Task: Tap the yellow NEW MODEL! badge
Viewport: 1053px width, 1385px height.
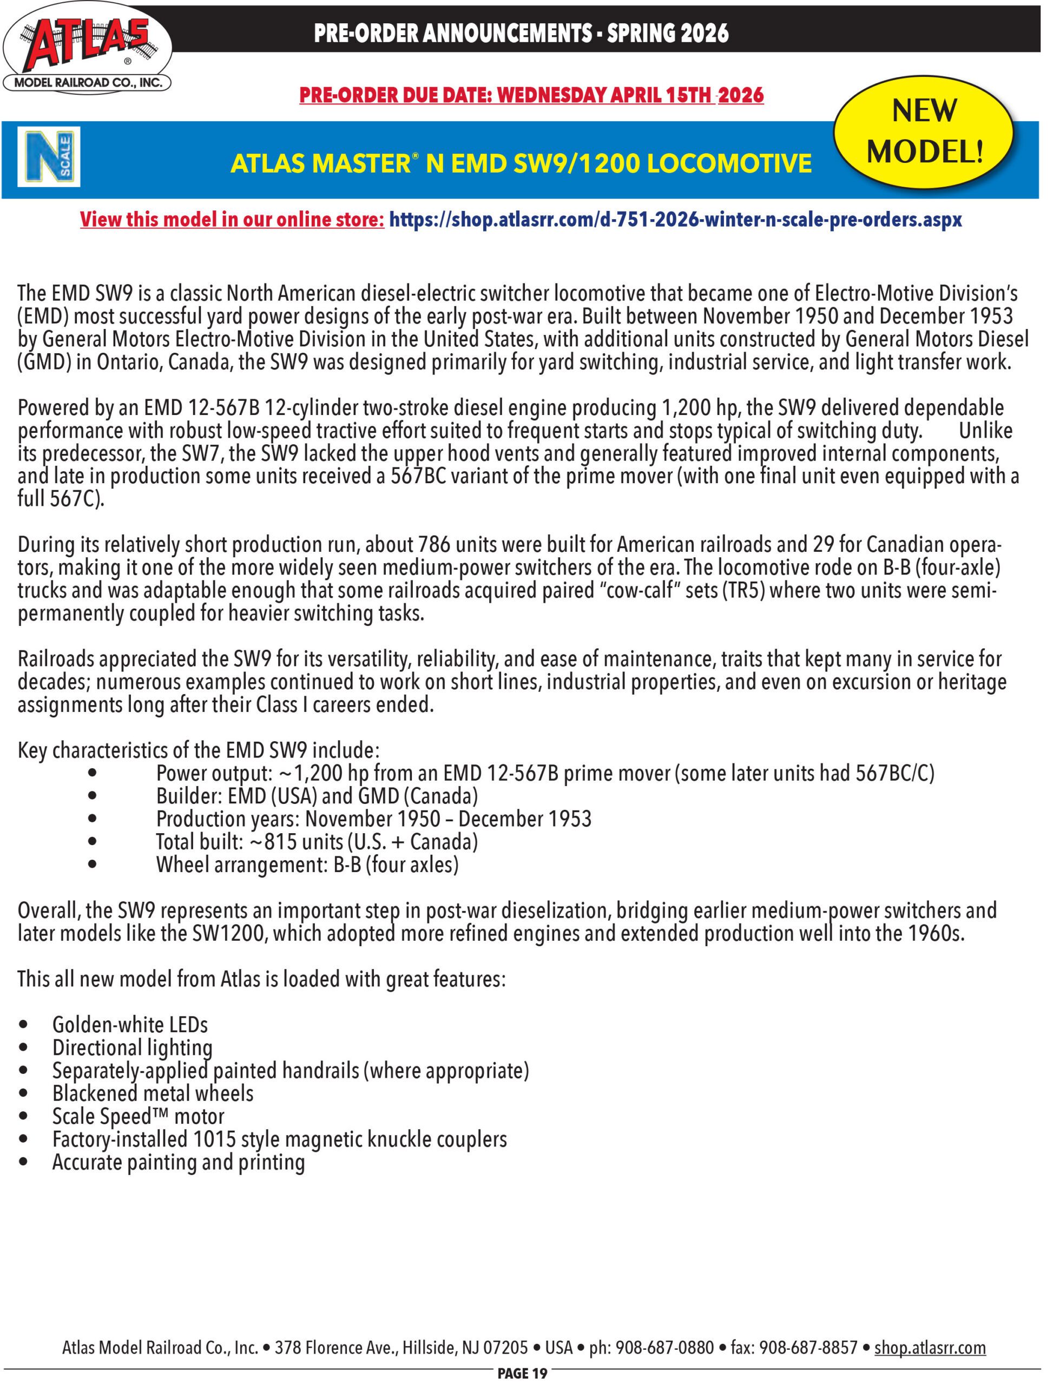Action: click(x=924, y=131)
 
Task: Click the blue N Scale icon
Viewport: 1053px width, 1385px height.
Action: click(x=49, y=157)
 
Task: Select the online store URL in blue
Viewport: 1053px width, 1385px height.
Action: click(x=675, y=220)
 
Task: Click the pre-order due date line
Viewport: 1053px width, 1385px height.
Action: click(x=531, y=95)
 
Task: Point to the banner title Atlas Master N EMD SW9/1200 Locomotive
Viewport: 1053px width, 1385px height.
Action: click(x=521, y=163)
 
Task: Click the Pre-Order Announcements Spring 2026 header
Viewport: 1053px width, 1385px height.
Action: click(x=521, y=32)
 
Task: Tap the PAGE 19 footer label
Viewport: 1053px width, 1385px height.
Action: click(x=522, y=1374)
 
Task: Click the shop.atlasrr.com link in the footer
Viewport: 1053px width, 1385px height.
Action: click(x=930, y=1347)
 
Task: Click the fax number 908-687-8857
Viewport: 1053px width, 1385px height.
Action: click(x=804, y=1347)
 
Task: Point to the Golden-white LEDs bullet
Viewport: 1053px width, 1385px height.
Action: click(x=130, y=1025)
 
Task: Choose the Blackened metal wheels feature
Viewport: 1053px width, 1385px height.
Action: click(x=153, y=1093)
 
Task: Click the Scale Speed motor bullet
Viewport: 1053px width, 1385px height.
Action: click(x=138, y=1116)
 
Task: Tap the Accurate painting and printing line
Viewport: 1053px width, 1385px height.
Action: click(x=179, y=1163)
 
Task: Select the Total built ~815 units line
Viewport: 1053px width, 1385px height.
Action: click(x=317, y=842)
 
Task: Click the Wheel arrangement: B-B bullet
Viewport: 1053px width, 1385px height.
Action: click(x=307, y=866)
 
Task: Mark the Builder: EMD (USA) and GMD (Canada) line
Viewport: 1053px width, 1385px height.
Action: click(x=317, y=796)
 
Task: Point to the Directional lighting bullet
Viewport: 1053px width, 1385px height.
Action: click(x=132, y=1048)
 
